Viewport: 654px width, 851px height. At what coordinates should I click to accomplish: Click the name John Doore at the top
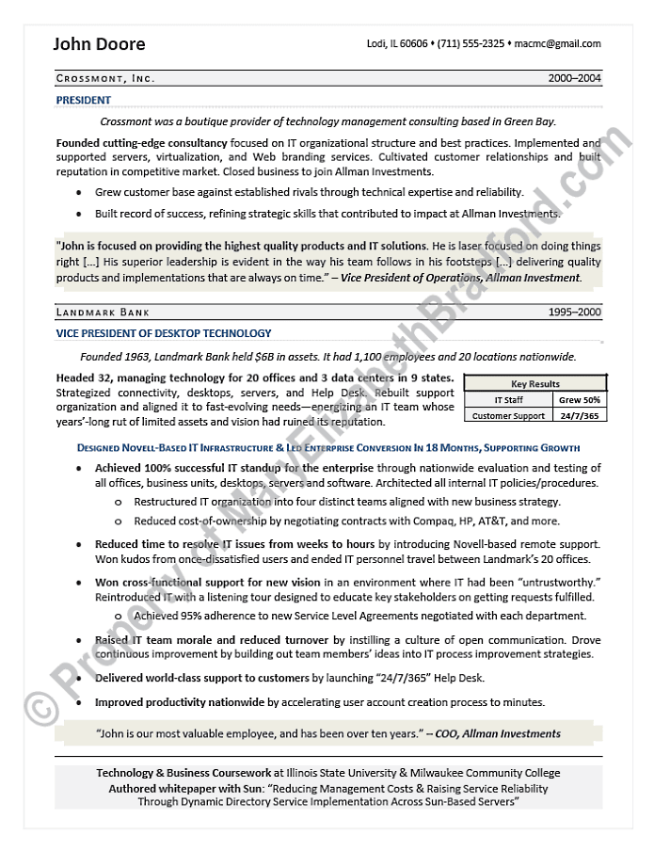99,44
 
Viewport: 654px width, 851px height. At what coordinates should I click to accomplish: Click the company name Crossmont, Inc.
105,78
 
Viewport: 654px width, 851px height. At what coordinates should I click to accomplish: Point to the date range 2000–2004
574,78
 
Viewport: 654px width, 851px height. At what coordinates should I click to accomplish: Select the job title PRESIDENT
83,100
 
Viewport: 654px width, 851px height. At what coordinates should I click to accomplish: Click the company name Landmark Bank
103,312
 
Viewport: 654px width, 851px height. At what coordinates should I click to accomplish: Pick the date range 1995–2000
574,312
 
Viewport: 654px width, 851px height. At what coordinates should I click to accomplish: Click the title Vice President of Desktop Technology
164,333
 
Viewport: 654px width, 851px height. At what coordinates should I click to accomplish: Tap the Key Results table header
534,384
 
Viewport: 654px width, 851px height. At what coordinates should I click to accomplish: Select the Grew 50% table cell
580,400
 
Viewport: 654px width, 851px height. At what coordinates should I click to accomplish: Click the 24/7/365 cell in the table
580,415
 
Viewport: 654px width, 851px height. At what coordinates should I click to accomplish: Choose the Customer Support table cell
509,415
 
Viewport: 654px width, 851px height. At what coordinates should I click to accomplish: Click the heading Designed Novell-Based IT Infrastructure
188,447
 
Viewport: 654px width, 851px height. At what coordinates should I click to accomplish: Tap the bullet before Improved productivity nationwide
78,702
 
